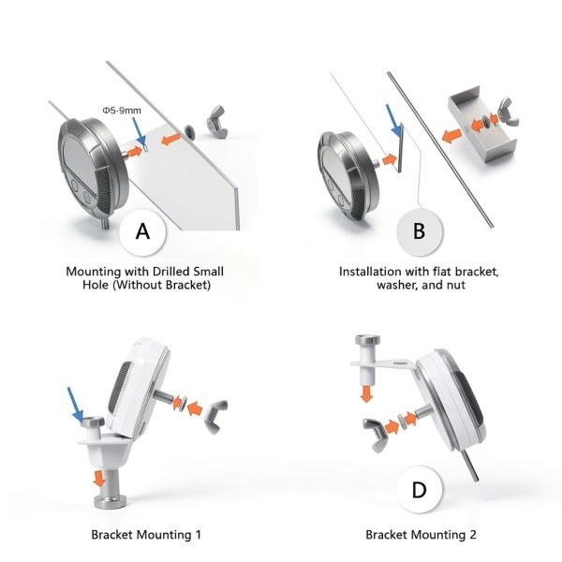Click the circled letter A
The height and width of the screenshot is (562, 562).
coord(142,231)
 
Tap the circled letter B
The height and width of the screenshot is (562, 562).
coord(420,231)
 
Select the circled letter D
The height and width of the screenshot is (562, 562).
coord(420,490)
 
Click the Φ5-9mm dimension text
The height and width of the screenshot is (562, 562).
coord(122,111)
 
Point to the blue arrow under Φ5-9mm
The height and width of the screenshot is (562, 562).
coord(139,131)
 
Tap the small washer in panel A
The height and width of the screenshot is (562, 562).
coord(189,131)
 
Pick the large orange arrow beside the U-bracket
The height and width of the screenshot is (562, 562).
coord(451,136)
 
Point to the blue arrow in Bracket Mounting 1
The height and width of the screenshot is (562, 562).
coord(75,405)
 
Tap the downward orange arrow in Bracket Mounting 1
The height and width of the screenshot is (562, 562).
coord(99,479)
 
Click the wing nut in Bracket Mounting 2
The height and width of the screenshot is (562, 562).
coord(376,435)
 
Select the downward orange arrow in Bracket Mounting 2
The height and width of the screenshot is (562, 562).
coord(366,393)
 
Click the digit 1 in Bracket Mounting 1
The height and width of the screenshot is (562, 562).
coord(199,535)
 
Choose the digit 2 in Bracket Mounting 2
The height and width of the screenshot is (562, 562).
coord(473,535)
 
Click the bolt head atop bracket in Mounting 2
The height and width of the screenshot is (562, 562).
coord(368,339)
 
